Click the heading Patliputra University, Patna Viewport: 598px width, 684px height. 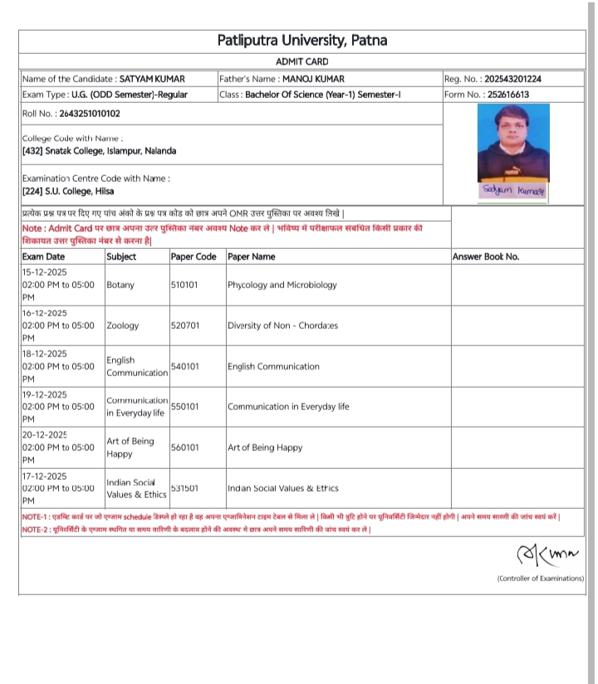click(x=301, y=41)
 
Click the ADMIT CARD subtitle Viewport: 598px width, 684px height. click(x=301, y=61)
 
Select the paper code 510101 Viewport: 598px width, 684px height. click(x=184, y=285)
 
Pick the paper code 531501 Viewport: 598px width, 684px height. click(x=184, y=488)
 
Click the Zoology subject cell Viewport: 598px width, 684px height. click(x=123, y=325)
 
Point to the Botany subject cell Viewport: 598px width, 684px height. click(x=120, y=285)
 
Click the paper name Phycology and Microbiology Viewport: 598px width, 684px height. click(x=282, y=285)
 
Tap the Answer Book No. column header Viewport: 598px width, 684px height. click(x=486, y=256)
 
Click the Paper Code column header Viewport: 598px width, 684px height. click(x=194, y=256)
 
